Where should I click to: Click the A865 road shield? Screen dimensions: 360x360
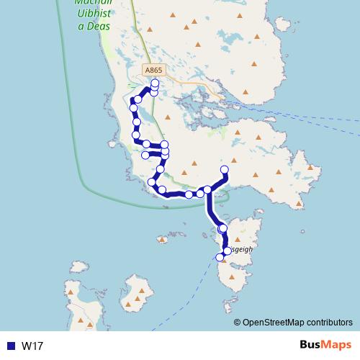click(x=154, y=71)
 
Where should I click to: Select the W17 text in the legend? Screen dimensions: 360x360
click(x=32, y=346)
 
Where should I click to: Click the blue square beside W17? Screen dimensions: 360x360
click(x=11, y=346)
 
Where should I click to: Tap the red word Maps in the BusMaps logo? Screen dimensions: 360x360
click(x=337, y=345)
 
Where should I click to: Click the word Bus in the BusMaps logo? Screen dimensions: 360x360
click(x=310, y=345)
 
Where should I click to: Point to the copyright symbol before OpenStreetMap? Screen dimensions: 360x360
click(x=237, y=323)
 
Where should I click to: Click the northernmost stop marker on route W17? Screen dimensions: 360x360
click(x=155, y=84)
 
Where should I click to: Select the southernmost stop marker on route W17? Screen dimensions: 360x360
click(x=220, y=257)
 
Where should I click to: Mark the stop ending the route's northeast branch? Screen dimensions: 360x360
click(x=224, y=170)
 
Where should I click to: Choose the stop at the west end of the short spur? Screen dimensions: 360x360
click(x=145, y=155)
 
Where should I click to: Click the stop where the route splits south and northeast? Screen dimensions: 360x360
click(x=207, y=190)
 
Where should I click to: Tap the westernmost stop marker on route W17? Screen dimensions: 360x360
click(x=133, y=108)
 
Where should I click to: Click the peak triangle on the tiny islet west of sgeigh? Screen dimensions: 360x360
click(x=163, y=239)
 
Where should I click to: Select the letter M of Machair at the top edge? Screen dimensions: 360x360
click(x=78, y=3)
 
